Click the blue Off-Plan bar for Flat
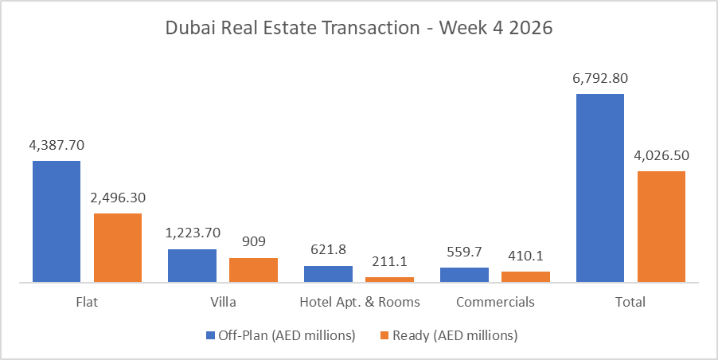coord(57,221)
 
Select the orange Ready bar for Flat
coord(118,248)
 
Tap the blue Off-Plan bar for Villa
coord(192,265)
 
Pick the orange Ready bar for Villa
coord(253,270)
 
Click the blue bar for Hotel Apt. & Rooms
coord(328,274)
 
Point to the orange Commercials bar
coord(525,276)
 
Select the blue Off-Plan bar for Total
coord(600,188)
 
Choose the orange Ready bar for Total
coord(661,226)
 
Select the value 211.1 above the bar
coord(389,261)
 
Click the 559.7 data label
coord(464,252)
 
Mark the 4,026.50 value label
coord(661,155)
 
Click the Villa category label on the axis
coord(223,303)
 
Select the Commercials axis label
coord(495,303)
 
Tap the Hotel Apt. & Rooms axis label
coord(359,303)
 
